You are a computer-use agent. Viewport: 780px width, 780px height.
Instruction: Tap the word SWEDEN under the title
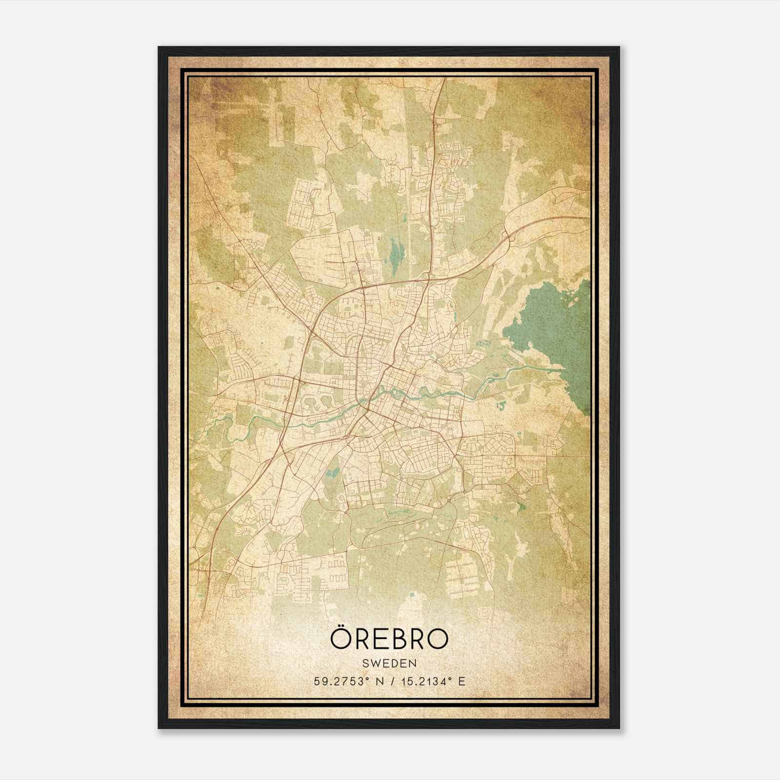pyautogui.click(x=389, y=663)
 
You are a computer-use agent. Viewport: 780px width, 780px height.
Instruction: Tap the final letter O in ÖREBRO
pyautogui.click(x=435, y=639)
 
